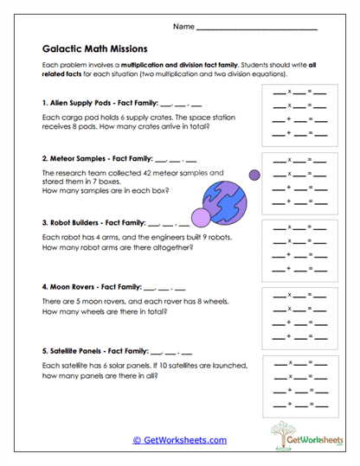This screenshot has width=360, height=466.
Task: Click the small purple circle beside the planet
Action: pos(255,176)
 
